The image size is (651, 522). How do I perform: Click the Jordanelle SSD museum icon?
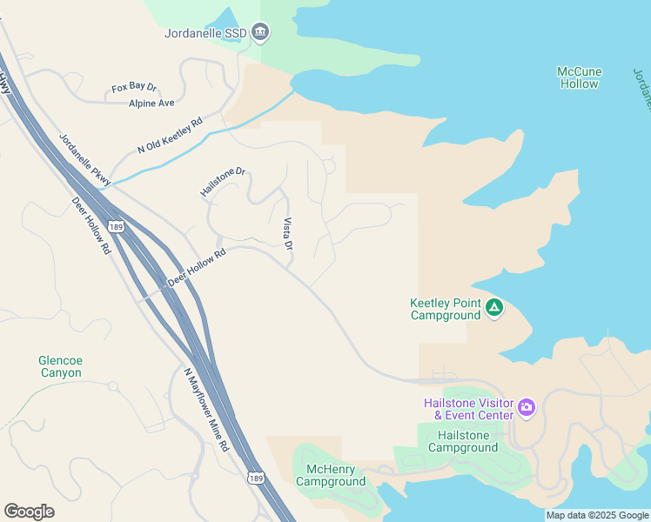260,33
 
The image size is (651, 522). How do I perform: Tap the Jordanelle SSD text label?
205,34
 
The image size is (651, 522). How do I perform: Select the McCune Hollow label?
580,77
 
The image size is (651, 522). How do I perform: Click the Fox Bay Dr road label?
134,88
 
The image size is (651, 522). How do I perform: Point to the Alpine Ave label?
151,103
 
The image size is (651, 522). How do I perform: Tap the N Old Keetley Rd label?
170,136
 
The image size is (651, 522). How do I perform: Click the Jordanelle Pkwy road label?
85,158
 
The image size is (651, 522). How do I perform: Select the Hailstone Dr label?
223,182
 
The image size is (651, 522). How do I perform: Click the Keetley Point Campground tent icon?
494,307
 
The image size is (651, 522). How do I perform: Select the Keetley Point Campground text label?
445,310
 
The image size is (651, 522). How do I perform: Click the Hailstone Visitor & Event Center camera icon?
526,407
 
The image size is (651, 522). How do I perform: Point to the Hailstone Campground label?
467,441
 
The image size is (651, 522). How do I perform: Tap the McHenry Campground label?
331,475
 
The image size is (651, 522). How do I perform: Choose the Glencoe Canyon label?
60,366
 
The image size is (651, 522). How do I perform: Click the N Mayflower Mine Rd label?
205,409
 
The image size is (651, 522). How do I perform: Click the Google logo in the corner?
29,511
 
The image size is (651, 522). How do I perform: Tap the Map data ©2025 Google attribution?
597,515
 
